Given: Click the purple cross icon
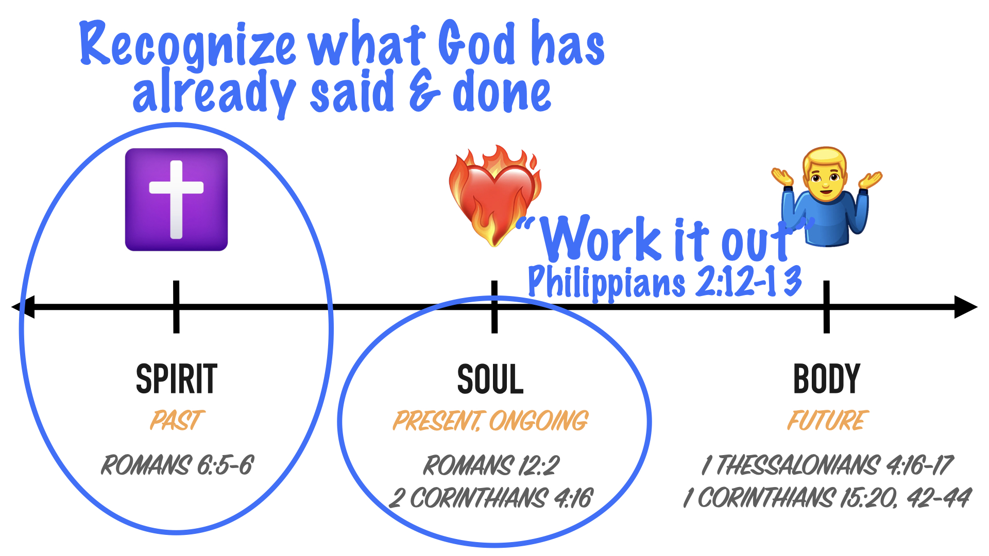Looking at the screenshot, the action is point(176,200).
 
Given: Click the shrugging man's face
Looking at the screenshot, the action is point(826,178).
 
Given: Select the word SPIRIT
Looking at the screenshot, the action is point(177,379).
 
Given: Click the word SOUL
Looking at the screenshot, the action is point(490,379).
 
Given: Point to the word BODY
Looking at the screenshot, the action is point(827,379).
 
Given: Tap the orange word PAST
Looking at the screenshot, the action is point(177,420).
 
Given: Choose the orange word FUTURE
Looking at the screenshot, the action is point(828,420).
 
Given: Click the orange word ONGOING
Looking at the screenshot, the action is point(539,421).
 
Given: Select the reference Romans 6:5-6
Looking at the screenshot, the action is point(177,465).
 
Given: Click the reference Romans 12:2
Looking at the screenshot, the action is point(491,465).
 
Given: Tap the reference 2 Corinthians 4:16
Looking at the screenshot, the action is point(491,498).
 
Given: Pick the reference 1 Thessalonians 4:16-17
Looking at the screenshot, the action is point(828,465).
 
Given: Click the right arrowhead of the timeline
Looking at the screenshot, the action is point(966,307).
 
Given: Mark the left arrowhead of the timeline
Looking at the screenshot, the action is point(23,307).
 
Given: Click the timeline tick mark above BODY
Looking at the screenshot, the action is point(827,307).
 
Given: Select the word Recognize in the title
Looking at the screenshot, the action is point(188,45).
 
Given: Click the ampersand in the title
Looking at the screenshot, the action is point(424,93).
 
